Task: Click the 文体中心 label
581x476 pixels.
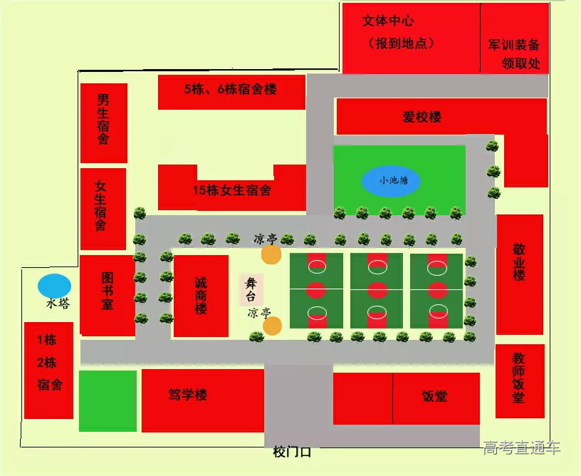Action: (388, 21)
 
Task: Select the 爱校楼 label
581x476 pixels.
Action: (422, 117)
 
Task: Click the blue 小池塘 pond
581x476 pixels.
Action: (391, 181)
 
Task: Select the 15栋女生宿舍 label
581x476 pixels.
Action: (231, 191)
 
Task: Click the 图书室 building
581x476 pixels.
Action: (108, 292)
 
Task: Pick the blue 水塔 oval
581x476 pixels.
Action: (55, 286)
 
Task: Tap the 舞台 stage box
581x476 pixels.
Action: (251, 290)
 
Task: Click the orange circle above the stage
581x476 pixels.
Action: (271, 254)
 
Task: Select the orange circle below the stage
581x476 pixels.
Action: (272, 326)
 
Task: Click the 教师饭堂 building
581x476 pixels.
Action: (519, 381)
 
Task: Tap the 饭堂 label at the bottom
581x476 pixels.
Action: (435, 396)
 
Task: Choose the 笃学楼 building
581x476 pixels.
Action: (187, 395)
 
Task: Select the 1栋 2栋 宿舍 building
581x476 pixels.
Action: (49, 371)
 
